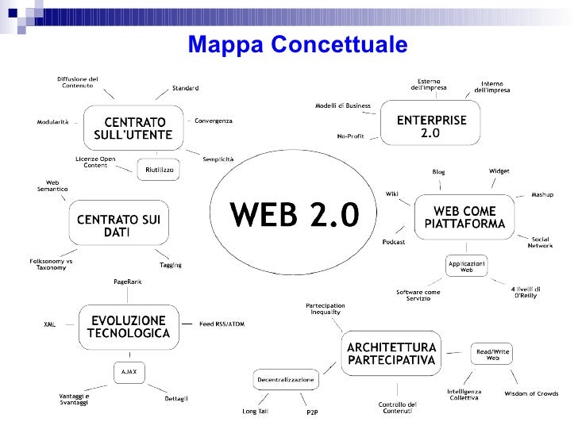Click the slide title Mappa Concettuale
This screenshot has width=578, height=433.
click(298, 45)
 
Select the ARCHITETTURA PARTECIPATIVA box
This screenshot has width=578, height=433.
click(390, 354)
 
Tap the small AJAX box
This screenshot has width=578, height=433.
click(129, 371)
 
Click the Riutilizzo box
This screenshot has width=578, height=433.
click(159, 170)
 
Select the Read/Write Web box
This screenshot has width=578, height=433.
click(492, 354)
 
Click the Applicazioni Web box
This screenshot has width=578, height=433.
click(467, 266)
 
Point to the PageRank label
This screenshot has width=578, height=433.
click(128, 282)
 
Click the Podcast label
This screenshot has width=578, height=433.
click(394, 241)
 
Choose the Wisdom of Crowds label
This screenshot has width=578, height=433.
click(531, 393)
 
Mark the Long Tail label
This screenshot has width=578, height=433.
click(254, 411)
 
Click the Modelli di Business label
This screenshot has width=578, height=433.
click(343, 105)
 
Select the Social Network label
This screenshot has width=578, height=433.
click(540, 243)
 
